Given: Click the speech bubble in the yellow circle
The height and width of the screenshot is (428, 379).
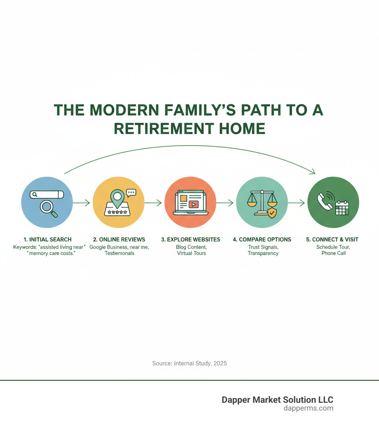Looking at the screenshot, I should point(131,192).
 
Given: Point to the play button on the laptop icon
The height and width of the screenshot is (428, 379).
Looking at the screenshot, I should point(193,204).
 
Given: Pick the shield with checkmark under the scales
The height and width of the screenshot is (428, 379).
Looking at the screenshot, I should point(272,213).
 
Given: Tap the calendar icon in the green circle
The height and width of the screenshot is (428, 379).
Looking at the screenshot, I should point(342,208).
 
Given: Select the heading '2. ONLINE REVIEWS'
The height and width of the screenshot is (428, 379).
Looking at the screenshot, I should point(119,240).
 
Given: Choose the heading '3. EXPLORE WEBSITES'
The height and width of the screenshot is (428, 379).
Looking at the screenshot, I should point(191,240).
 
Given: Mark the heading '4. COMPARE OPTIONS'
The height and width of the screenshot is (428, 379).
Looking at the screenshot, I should point(262,240).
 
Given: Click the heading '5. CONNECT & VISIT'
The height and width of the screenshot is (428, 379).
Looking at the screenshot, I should point(333,240).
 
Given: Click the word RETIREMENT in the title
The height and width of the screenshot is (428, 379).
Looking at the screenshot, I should point(163,128).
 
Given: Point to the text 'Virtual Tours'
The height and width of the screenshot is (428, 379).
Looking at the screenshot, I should point(191,253).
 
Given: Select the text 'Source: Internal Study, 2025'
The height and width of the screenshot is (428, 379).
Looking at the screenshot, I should point(189,363).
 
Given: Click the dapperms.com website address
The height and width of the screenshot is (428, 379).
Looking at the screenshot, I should point(308,408).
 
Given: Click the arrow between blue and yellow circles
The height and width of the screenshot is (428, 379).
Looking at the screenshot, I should point(81,203).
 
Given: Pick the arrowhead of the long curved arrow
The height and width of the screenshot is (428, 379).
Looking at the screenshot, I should point(313,172).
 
